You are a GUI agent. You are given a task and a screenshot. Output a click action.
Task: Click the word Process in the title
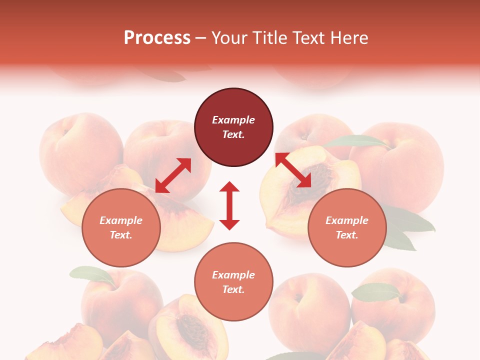pyautogui.click(x=157, y=38)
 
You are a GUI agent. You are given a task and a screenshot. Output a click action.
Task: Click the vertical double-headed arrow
pyautogui.click(x=229, y=205)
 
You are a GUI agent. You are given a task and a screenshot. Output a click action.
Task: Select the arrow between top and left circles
pyautogui.click(x=173, y=175)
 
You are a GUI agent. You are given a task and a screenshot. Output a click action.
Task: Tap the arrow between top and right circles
pyautogui.click(x=293, y=170)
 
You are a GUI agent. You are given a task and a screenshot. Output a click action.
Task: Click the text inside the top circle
pyautogui.click(x=233, y=127)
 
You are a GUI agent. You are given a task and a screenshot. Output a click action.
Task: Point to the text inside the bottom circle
pyautogui.click(x=233, y=282)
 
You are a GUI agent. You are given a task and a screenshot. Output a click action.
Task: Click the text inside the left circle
pyautogui.click(x=121, y=227)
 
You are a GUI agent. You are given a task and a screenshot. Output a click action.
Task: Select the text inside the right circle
pyautogui.click(x=347, y=227)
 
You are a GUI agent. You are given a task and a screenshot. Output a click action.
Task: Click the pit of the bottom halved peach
pyautogui.click(x=189, y=327)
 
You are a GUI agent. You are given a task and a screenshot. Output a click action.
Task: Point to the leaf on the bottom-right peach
pyautogui.click(x=376, y=291)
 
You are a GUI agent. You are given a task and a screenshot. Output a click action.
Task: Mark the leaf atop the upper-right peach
pyautogui.click(x=356, y=141)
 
